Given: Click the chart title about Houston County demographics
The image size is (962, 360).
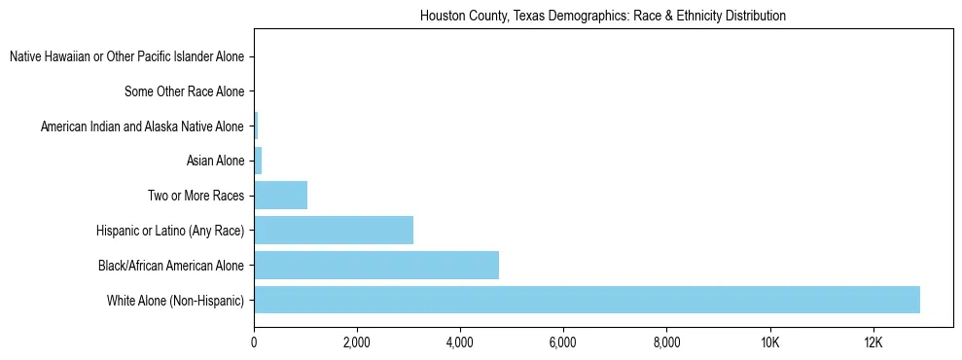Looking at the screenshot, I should pyautogui.click(x=602, y=17).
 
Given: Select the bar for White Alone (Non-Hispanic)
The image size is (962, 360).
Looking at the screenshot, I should pyautogui.click(x=587, y=300).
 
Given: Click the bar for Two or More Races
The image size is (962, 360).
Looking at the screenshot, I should pyautogui.click(x=281, y=196).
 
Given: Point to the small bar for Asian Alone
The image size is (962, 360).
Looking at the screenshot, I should pyautogui.click(x=258, y=161).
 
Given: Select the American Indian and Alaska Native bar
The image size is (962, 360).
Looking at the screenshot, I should pyautogui.click(x=256, y=126).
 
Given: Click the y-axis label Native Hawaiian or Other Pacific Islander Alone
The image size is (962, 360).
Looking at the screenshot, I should pyautogui.click(x=126, y=57).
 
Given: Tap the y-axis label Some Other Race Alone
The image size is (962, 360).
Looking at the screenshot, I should pyautogui.click(x=184, y=92).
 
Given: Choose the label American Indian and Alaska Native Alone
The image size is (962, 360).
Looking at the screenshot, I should pyautogui.click(x=142, y=126).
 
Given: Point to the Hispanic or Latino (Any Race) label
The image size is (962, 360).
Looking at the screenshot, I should pyautogui.click(x=170, y=231).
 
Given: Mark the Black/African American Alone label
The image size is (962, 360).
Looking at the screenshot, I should pyautogui.click(x=171, y=266).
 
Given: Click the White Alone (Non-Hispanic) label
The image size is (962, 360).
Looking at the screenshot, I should pyautogui.click(x=175, y=300).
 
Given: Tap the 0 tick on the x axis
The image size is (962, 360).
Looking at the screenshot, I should pyautogui.click(x=254, y=342).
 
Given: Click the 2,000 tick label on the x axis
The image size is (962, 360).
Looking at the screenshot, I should pyautogui.click(x=357, y=342).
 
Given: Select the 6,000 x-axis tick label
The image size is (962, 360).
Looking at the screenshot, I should pyautogui.click(x=563, y=342).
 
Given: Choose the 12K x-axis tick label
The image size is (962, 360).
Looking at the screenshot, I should pyautogui.click(x=873, y=342).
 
